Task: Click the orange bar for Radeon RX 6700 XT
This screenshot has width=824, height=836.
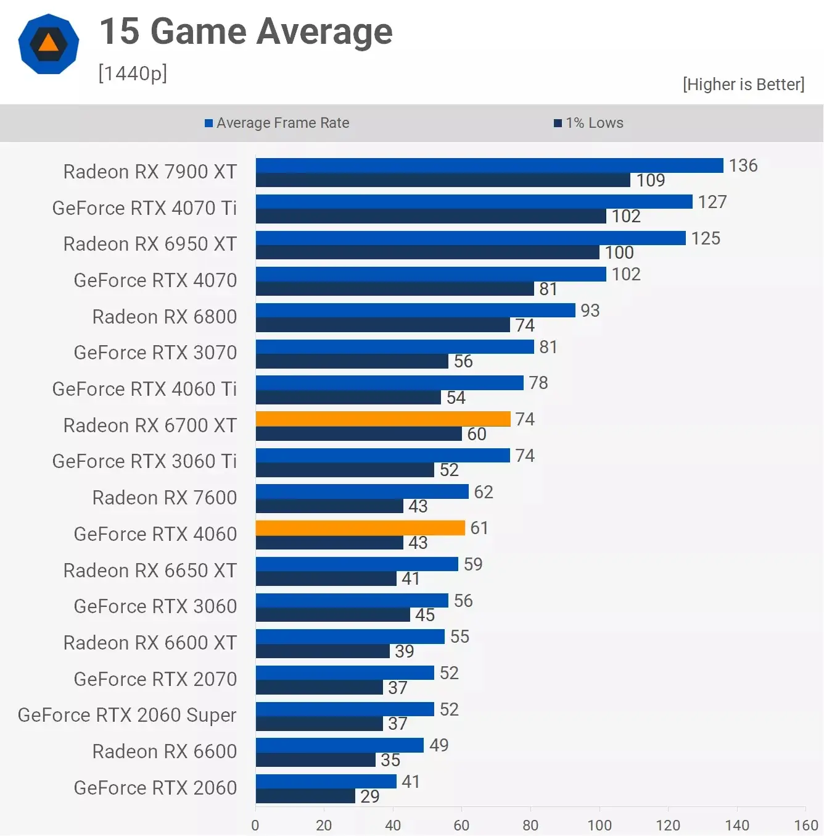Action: pyautogui.click(x=383, y=419)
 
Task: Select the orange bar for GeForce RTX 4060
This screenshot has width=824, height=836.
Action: pyautogui.click(x=360, y=528)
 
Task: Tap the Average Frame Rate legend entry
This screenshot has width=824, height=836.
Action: pyautogui.click(x=277, y=123)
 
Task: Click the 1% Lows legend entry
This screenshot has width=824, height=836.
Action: pyautogui.click(x=589, y=123)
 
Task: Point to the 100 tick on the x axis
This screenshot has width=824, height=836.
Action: pyautogui.click(x=599, y=825)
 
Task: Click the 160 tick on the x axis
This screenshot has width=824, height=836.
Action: pyautogui.click(x=805, y=825)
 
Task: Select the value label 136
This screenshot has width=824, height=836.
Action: pyautogui.click(x=743, y=165)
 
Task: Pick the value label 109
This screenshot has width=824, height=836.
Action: pyautogui.click(x=651, y=180)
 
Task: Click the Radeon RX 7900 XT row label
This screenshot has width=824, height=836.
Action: pyautogui.click(x=150, y=172)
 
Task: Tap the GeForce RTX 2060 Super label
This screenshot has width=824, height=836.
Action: pyautogui.click(x=127, y=715)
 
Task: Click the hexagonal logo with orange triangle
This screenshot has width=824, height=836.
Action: pyautogui.click(x=49, y=44)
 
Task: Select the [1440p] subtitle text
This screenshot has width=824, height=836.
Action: pyautogui.click(x=133, y=73)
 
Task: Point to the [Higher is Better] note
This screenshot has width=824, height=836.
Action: pyautogui.click(x=743, y=84)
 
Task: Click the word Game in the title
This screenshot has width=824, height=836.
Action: pyautogui.click(x=199, y=31)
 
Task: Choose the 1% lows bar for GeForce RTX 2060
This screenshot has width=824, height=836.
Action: pyautogui.click(x=305, y=796)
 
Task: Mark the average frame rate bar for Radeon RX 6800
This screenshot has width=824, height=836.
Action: pyautogui.click(x=415, y=310)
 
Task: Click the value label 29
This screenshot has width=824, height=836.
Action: pyautogui.click(x=370, y=796)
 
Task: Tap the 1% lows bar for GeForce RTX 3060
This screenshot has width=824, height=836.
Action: pyautogui.click(x=333, y=615)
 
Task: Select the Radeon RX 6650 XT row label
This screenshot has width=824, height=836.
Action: pyautogui.click(x=150, y=571)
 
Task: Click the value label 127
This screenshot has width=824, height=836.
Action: pyautogui.click(x=712, y=202)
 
